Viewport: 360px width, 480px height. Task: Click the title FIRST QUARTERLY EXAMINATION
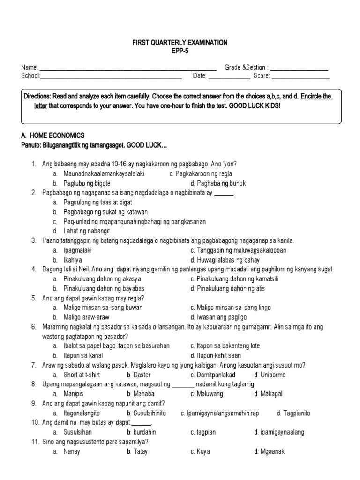pos(180,43)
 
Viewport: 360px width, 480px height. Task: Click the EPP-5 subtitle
pos(180,51)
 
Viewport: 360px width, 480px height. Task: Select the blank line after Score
pos(300,77)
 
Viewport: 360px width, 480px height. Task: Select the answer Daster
pos(138,375)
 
